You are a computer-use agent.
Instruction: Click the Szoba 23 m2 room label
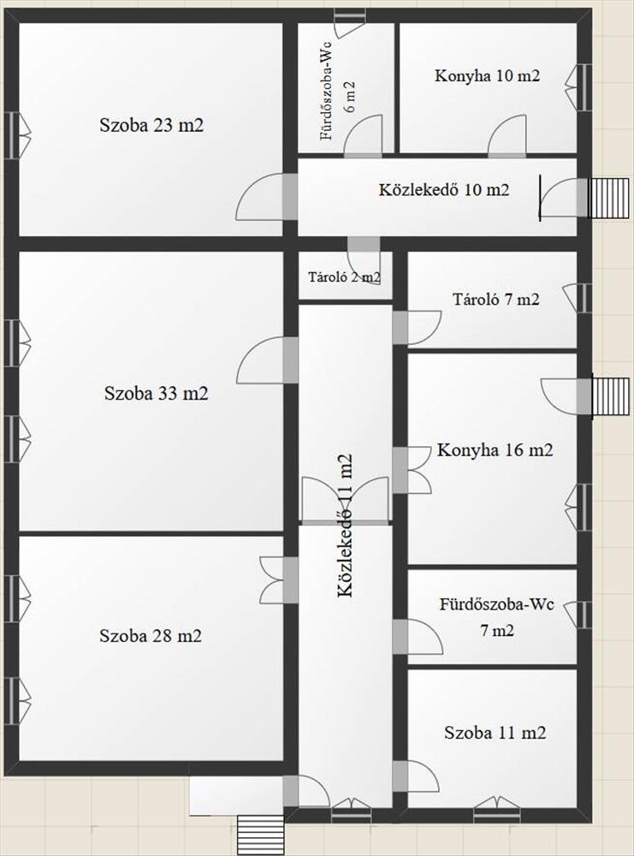pyautogui.click(x=151, y=126)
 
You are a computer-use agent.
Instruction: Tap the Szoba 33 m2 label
pyautogui.click(x=157, y=393)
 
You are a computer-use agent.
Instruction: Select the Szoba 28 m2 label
pyautogui.click(x=151, y=636)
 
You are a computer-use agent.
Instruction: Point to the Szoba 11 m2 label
pyautogui.click(x=495, y=732)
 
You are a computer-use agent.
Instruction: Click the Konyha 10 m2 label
pyautogui.click(x=487, y=75)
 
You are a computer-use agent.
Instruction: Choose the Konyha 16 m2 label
pyautogui.click(x=495, y=450)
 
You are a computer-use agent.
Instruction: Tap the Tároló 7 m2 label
pyautogui.click(x=496, y=299)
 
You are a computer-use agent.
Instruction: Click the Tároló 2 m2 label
pyautogui.click(x=344, y=276)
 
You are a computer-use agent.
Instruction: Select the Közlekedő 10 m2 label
pyautogui.click(x=444, y=190)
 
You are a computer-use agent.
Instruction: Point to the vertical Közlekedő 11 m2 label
pyautogui.click(x=345, y=526)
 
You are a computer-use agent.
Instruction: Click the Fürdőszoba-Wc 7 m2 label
pyautogui.click(x=497, y=617)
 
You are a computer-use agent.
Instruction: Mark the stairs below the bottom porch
pyautogui.click(x=261, y=835)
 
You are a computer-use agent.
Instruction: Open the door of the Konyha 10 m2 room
pyautogui.click(x=507, y=136)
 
